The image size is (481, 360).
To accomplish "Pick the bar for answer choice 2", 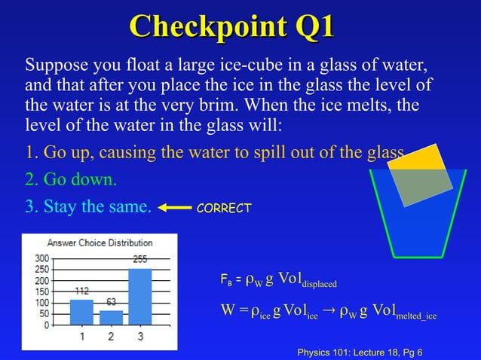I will pos(110,318).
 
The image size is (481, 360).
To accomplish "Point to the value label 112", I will pos(81,290).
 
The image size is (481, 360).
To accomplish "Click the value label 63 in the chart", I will pos(110,302).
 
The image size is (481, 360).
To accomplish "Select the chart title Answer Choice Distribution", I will pos(100,243).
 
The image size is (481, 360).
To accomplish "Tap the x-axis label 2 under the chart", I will pos(110,337).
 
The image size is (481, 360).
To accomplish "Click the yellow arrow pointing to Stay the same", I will pos(174,207).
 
